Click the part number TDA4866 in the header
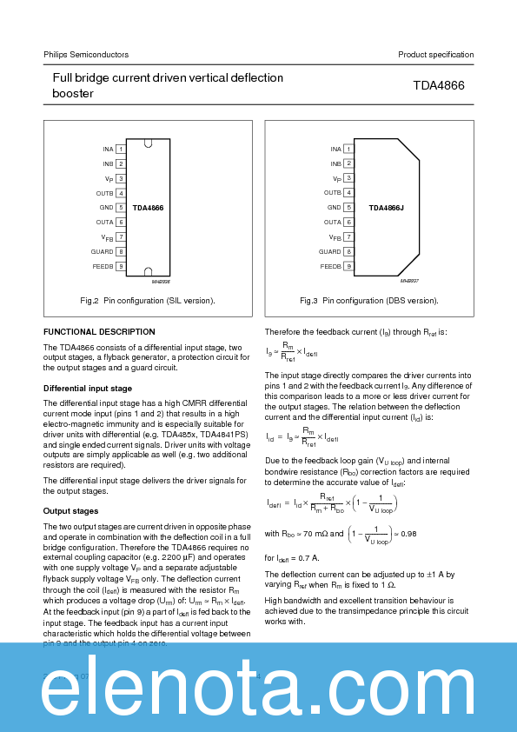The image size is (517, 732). click(x=439, y=85)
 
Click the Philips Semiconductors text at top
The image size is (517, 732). click(x=86, y=55)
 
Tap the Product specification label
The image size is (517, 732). click(x=435, y=55)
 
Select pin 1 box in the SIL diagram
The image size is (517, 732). click(x=121, y=149)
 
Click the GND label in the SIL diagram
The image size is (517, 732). click(x=106, y=208)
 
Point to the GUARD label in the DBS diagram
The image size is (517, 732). click(x=330, y=251)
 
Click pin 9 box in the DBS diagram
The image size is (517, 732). click(x=348, y=266)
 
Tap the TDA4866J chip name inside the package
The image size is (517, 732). click(x=386, y=208)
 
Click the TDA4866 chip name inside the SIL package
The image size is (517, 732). click(x=148, y=208)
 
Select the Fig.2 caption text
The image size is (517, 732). click(x=147, y=301)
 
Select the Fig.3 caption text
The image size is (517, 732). click(x=369, y=301)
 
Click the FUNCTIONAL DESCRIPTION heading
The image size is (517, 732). click(x=99, y=331)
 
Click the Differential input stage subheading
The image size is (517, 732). click(x=88, y=388)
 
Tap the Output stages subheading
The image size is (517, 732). click(x=71, y=511)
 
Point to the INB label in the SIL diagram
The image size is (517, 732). click(x=108, y=163)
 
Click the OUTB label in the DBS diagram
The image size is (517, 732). click(x=333, y=192)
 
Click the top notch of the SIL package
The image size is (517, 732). click(x=148, y=142)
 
